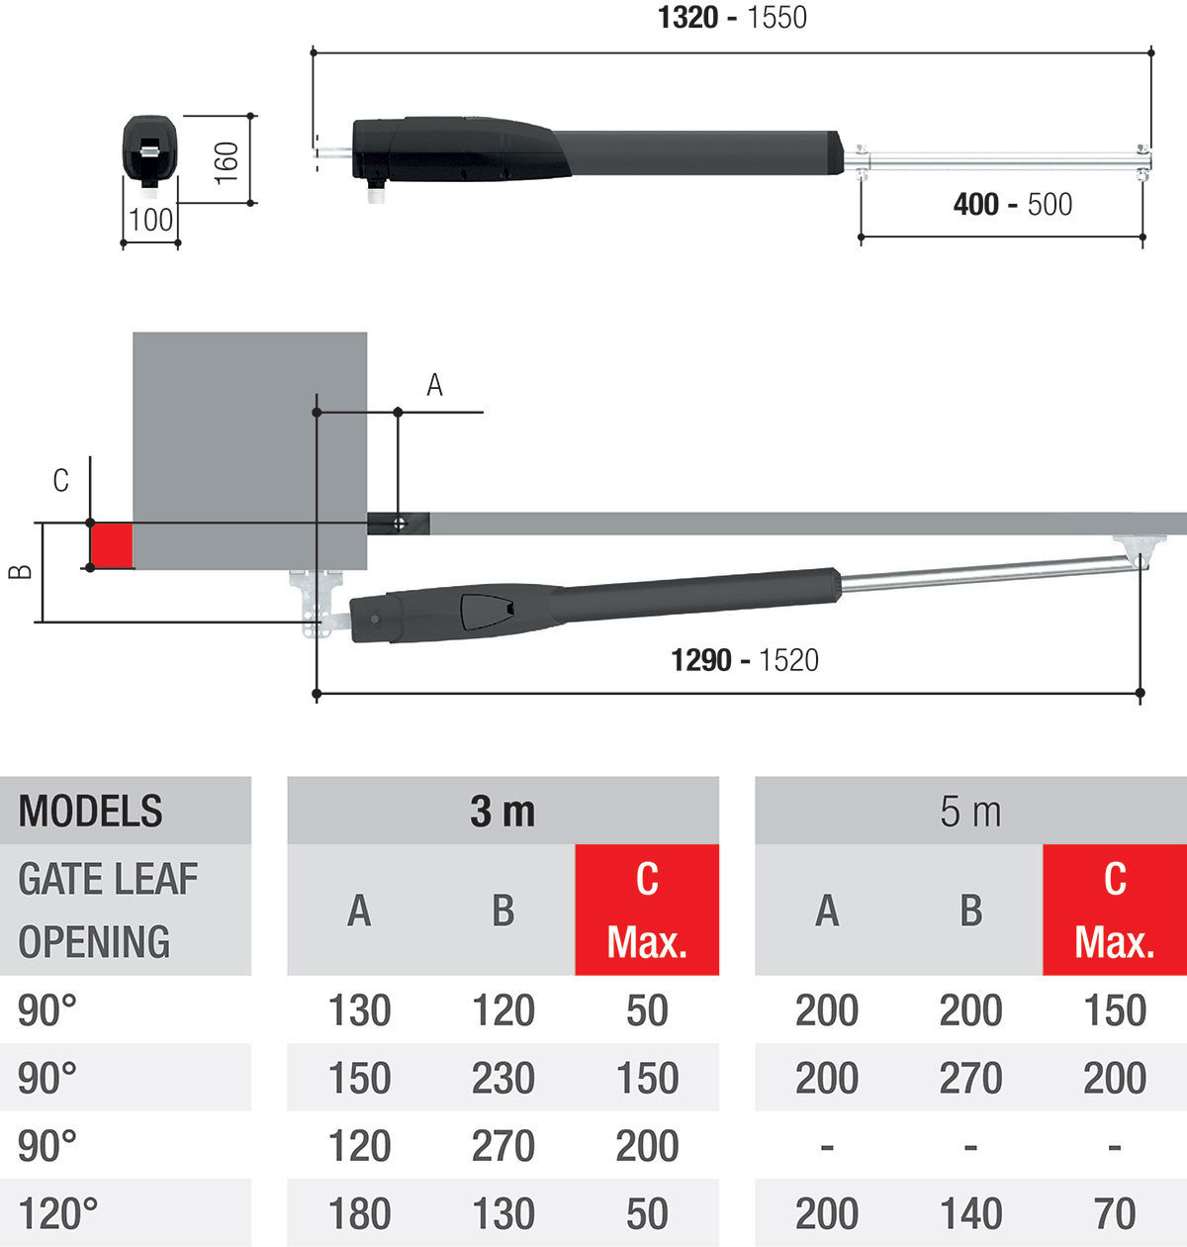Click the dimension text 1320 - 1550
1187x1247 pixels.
pos(732,17)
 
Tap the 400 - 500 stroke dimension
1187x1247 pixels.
pos(1012,204)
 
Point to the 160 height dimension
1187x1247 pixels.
pos(227,160)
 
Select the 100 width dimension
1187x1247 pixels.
pos(150,220)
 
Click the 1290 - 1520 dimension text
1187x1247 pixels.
pos(745,659)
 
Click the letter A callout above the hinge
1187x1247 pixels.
pos(434,385)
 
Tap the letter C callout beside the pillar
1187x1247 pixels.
pos(61,481)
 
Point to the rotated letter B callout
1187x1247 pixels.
pos(20,571)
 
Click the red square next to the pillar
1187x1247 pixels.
pos(112,545)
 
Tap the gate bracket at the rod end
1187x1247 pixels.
pos(1139,549)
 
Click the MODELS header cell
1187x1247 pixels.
pos(91,812)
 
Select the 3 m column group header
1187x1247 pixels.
pos(502,812)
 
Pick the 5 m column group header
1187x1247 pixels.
pos(970,812)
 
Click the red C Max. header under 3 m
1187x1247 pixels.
pos(647,911)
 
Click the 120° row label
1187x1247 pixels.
pos(58,1213)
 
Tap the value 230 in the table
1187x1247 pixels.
pos(502,1078)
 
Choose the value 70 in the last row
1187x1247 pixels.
pos(1114,1213)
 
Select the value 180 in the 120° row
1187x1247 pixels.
pos(359,1213)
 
